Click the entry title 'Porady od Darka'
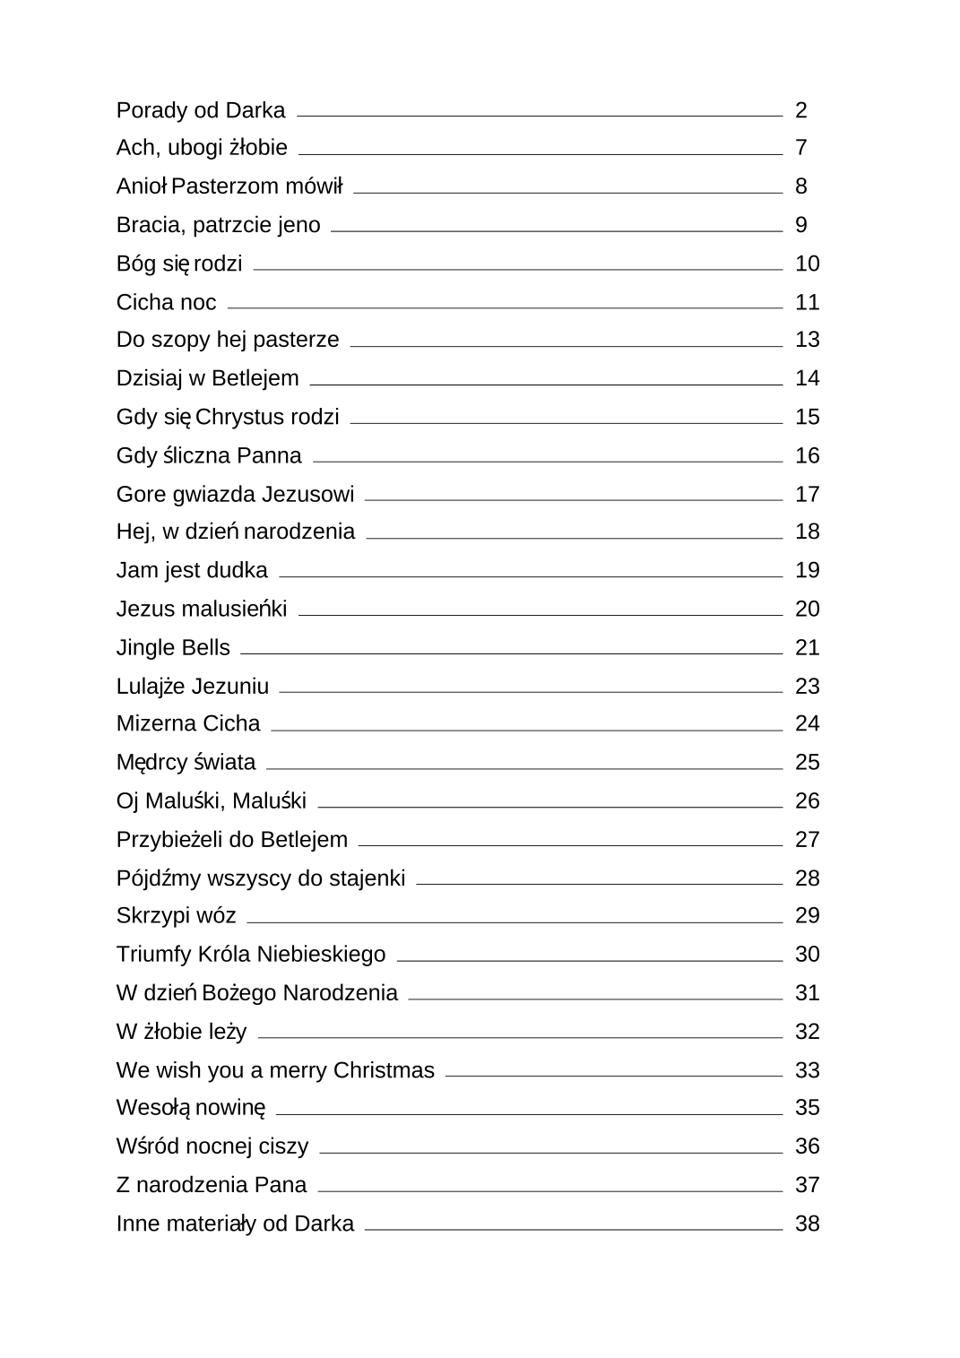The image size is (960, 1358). [200, 110]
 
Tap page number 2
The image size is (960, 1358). [800, 110]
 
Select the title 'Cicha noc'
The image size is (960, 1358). [166, 302]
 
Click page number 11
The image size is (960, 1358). [807, 302]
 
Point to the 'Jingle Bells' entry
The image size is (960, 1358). [173, 647]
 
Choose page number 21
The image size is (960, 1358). [807, 647]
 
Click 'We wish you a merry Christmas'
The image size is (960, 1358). [274, 1070]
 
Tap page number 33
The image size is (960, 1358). [807, 1070]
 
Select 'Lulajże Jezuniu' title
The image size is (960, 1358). [192, 687]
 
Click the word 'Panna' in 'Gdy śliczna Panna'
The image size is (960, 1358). [269, 455]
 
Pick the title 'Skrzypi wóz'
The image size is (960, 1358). [176, 916]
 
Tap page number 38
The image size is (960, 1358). [807, 1224]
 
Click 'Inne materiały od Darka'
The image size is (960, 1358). [235, 1224]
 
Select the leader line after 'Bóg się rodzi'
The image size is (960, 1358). [517, 269]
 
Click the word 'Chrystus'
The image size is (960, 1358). [240, 417]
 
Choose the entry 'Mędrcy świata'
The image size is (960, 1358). [186, 763]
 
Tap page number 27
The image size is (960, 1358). [807, 840]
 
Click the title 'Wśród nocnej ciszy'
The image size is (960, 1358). [212, 1146]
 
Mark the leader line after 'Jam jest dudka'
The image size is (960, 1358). [530, 576]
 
